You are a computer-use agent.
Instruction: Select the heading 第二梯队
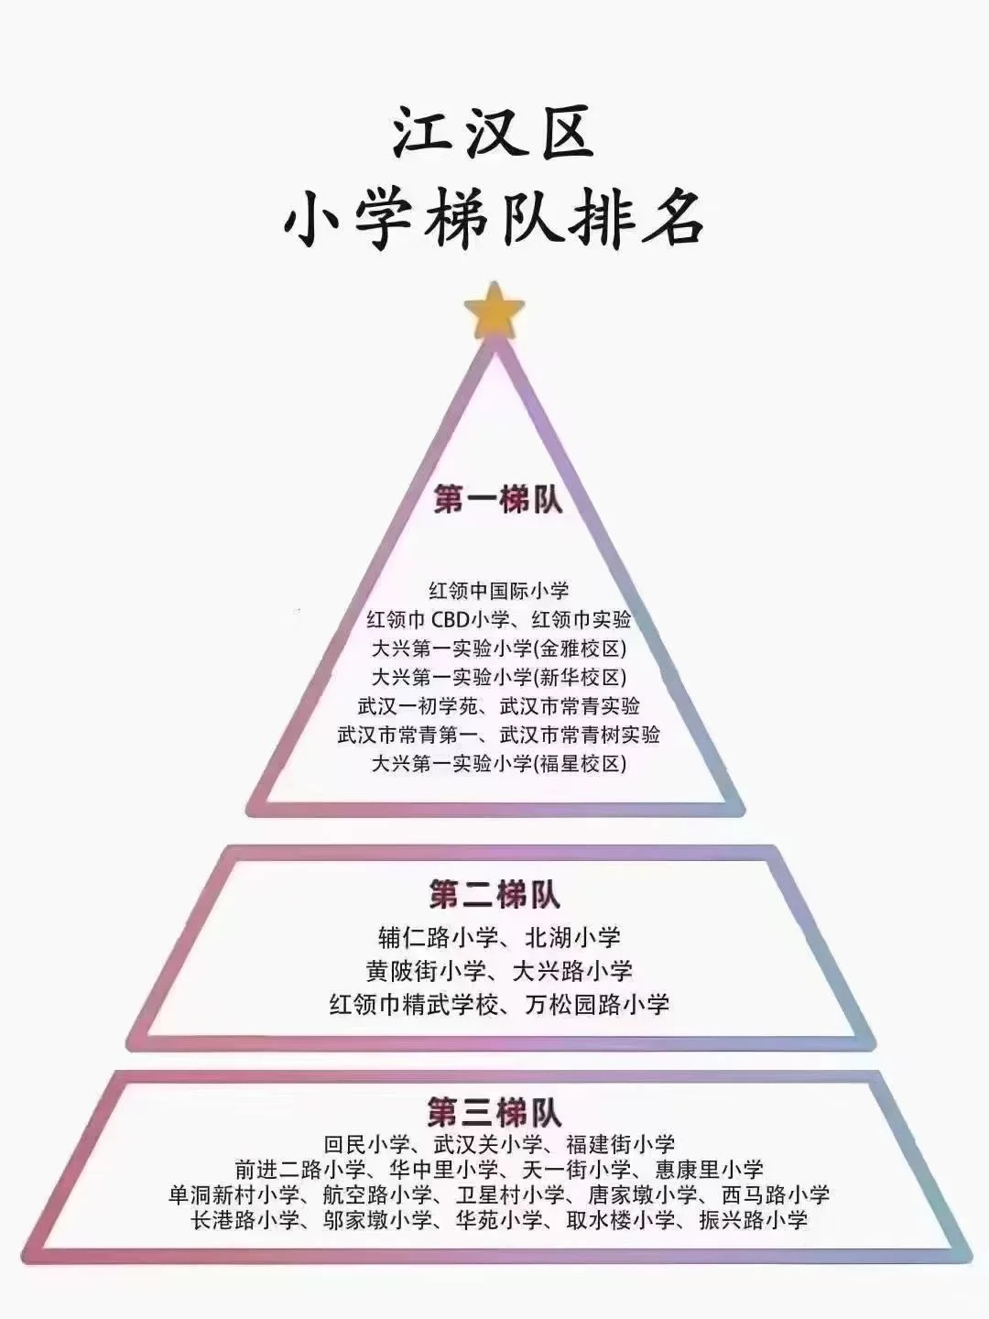coord(494,895)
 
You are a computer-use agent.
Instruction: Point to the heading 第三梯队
coord(494,1113)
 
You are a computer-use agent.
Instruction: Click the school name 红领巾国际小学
coord(499,591)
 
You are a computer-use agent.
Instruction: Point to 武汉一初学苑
coord(415,706)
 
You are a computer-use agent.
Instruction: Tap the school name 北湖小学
coord(573,937)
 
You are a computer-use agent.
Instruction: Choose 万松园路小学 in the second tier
coord(598,1004)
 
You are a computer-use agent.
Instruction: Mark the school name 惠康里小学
coord(710,1170)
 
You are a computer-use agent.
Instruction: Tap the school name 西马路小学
coord(776,1195)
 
